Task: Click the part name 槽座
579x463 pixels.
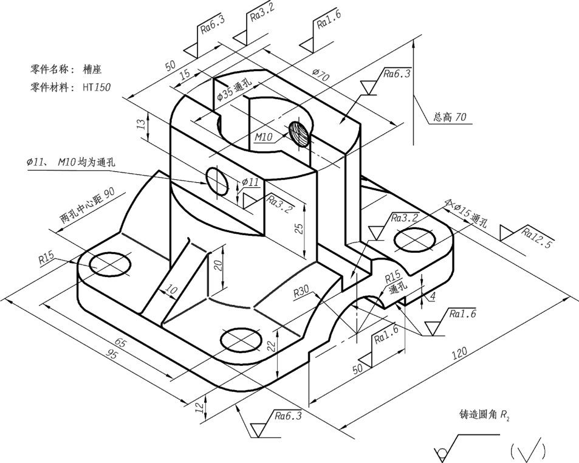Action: click(x=92, y=69)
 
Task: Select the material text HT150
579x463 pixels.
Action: click(x=97, y=87)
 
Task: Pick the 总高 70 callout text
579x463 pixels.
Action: click(x=450, y=117)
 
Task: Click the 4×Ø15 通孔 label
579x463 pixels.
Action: click(x=466, y=213)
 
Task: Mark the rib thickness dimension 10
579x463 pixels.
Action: click(x=171, y=289)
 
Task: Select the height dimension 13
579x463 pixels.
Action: click(x=142, y=124)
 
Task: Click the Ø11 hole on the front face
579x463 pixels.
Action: click(x=217, y=181)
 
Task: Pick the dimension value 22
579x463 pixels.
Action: click(x=271, y=346)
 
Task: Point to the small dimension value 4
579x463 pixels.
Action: click(x=433, y=296)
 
